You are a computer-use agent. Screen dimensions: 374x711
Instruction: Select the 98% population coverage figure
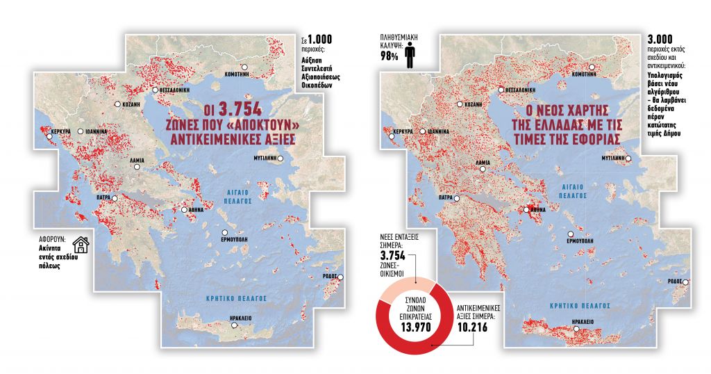[x=388, y=56]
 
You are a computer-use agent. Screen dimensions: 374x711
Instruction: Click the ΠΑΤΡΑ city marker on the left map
[x=116, y=199]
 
